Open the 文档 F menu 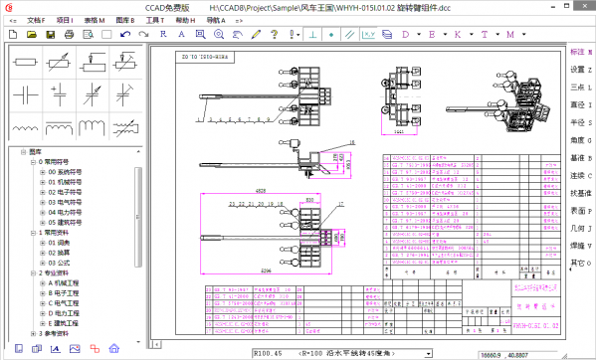point(36,19)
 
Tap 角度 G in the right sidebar point(581,140)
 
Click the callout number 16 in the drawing point(337,144)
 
